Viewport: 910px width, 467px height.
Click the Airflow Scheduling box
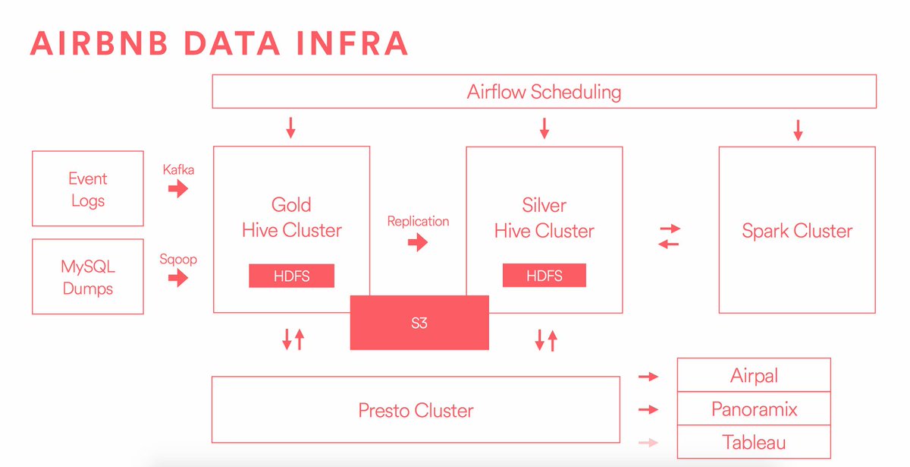pyautogui.click(x=544, y=92)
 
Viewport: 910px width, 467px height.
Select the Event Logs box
pyautogui.click(x=88, y=189)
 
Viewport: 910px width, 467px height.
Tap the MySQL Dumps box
pyautogui.click(x=88, y=277)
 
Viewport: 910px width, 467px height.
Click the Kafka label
pyautogui.click(x=178, y=169)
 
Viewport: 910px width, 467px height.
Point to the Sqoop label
pyautogui.click(x=178, y=259)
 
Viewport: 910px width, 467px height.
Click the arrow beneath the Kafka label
pyautogui.click(x=178, y=189)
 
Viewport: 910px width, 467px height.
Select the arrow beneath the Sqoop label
pyautogui.click(x=178, y=278)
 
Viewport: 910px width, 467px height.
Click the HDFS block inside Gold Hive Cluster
pyautogui.click(x=291, y=276)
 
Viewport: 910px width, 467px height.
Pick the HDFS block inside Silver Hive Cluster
pyautogui.click(x=544, y=276)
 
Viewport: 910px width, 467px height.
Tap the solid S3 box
pyautogui.click(x=419, y=323)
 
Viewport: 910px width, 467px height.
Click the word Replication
pyautogui.click(x=418, y=221)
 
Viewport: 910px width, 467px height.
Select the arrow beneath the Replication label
pyautogui.click(x=418, y=242)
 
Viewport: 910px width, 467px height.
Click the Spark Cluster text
pyautogui.click(x=797, y=231)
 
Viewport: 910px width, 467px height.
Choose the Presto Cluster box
pyautogui.click(x=416, y=411)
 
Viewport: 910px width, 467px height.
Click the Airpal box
pyautogui.click(x=754, y=376)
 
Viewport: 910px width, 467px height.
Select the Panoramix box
pyautogui.click(x=754, y=409)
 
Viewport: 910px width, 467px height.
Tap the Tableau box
pyautogui.click(x=754, y=443)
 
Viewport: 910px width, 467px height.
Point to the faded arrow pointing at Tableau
pyautogui.click(x=648, y=443)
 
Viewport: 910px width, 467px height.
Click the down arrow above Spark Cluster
pyautogui.click(x=797, y=130)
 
